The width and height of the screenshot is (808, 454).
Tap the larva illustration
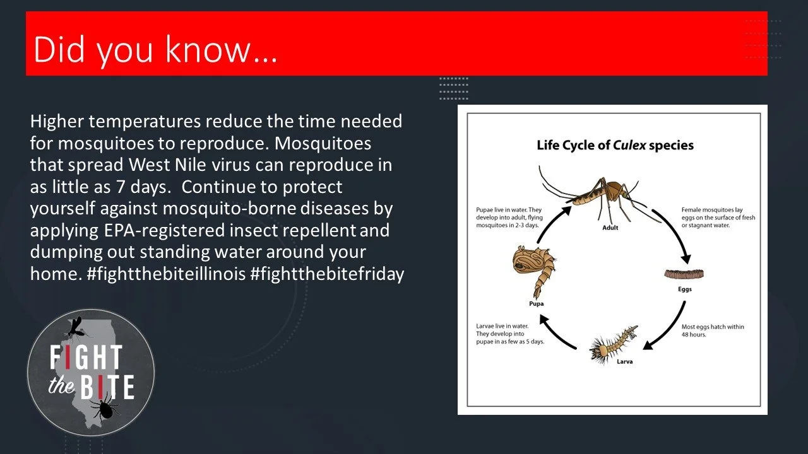tap(613, 345)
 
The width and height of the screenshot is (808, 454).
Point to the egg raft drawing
tap(684, 274)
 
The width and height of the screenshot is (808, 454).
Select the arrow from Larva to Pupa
tap(555, 334)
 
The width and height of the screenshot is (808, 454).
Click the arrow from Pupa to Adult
tap(551, 223)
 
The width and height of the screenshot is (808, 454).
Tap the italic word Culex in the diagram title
tap(629, 145)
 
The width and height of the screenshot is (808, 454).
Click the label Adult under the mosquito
tap(610, 228)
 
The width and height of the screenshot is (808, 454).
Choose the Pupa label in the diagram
tap(536, 304)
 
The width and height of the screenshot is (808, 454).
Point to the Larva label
tap(624, 362)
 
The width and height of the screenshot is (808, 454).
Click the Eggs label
tap(685, 289)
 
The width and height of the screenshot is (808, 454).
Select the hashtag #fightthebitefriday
tap(327, 274)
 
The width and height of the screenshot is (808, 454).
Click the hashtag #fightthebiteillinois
tap(166, 274)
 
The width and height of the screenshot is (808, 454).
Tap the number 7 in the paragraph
tap(121, 187)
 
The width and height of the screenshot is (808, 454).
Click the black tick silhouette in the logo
tap(105, 410)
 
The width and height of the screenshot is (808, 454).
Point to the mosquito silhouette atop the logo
tap(77, 328)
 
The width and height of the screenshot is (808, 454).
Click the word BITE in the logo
tap(107, 387)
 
